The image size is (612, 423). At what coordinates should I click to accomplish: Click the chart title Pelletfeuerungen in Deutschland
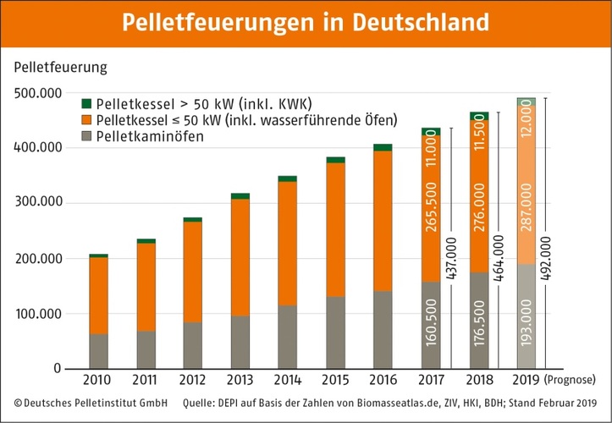click(306, 23)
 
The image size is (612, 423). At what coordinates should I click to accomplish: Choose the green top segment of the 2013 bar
click(240, 195)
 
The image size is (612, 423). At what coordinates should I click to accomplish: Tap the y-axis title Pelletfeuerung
click(59, 65)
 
